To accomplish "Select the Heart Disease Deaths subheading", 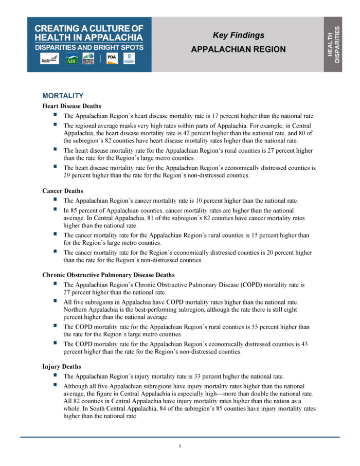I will [x=71, y=106].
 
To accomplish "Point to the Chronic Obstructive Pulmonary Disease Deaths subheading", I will [x=108, y=275].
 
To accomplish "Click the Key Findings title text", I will [x=238, y=35].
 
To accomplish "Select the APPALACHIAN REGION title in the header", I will [x=238, y=49].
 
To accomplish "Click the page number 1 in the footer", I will [x=179, y=446].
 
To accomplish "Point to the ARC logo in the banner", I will [x=71, y=60].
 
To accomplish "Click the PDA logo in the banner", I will [x=112, y=59].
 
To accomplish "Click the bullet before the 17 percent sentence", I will [x=55, y=115].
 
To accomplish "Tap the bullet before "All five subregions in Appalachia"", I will [x=55, y=301].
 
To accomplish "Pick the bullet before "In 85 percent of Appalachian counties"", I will [x=55, y=209].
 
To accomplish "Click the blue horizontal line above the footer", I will [x=179, y=437].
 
